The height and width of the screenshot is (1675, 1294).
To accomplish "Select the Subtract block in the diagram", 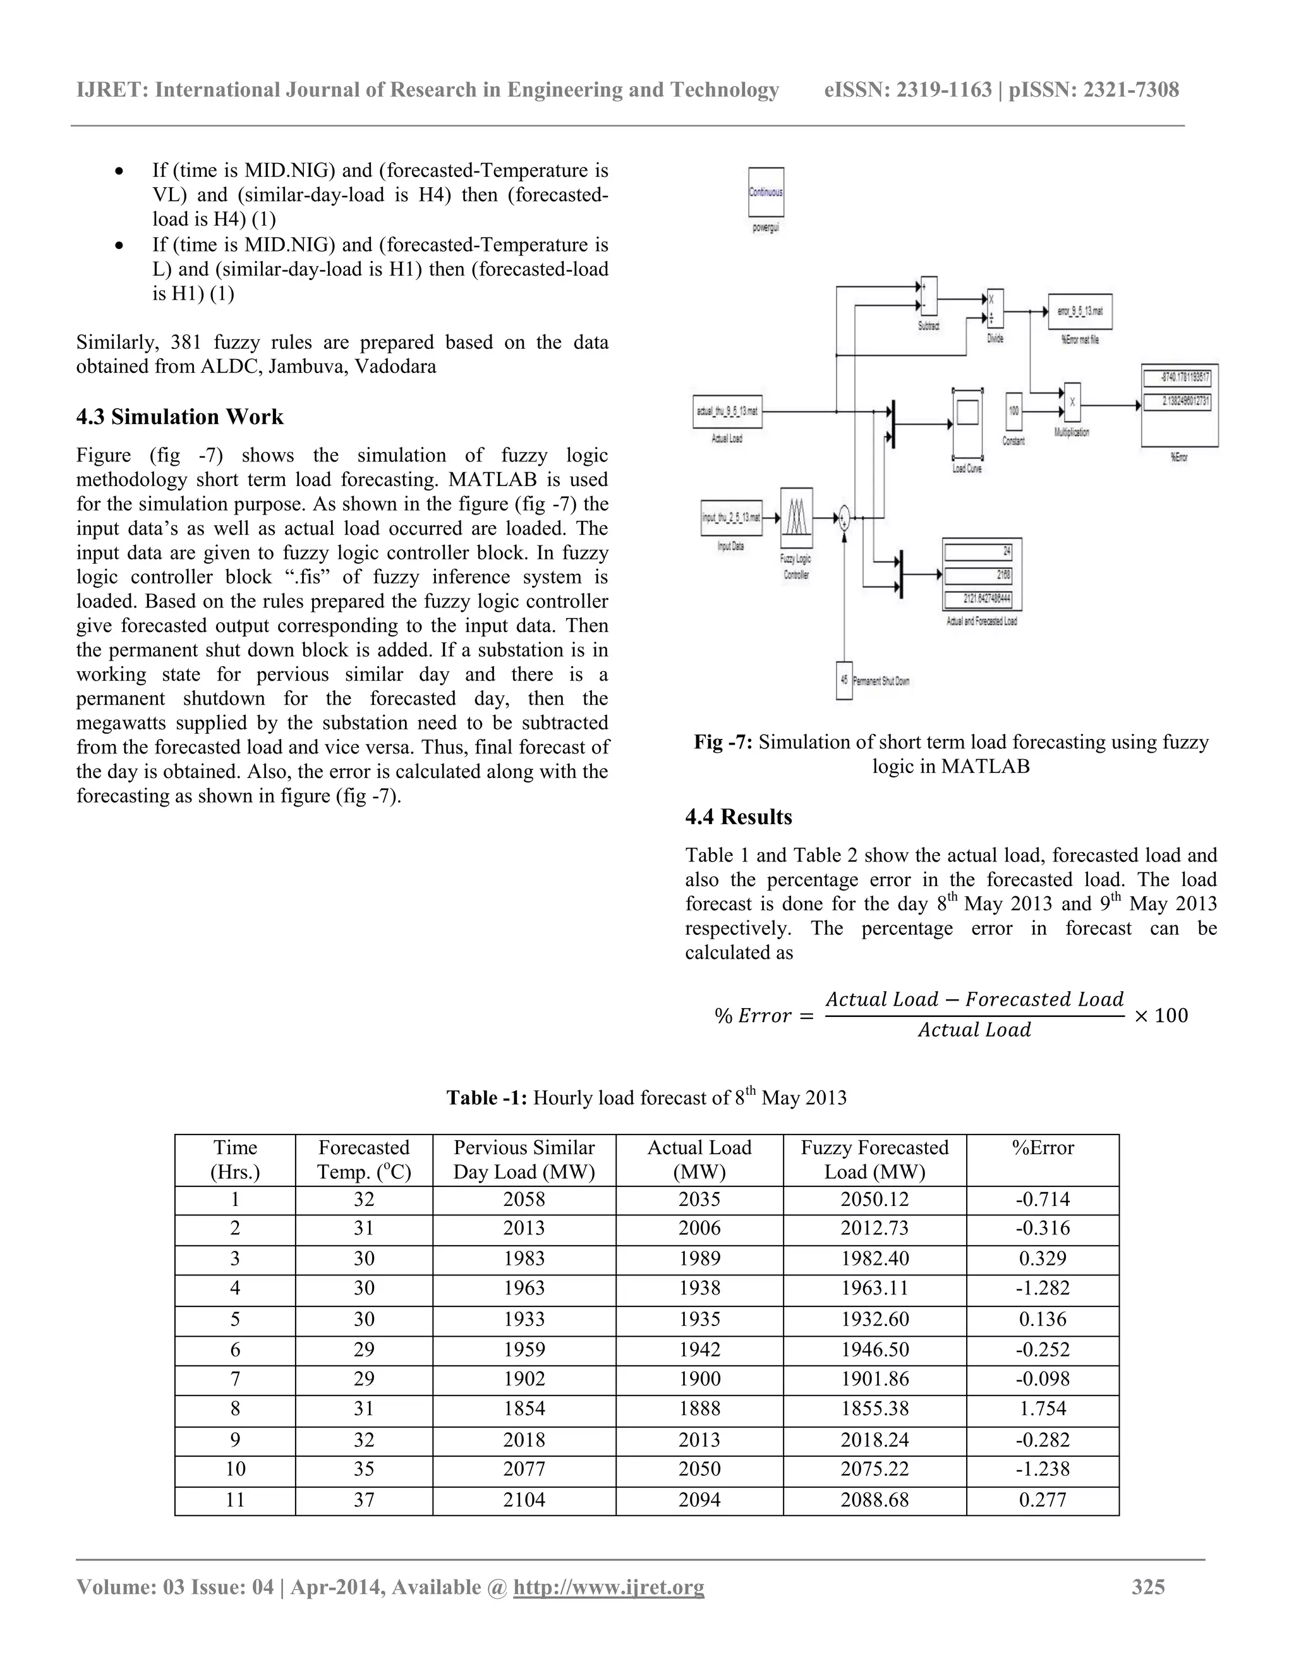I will coord(928,295).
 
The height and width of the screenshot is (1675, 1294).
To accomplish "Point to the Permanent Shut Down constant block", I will coord(844,680).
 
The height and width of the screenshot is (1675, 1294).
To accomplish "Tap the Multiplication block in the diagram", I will coord(1072,403).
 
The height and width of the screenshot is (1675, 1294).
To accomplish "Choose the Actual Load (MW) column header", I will coord(699,1160).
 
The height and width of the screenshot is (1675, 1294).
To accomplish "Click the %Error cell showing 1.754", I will coord(1043,1409).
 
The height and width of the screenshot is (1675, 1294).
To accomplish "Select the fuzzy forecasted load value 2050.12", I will coord(874,1200).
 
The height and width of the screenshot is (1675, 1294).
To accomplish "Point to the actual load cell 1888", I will coord(699,1409).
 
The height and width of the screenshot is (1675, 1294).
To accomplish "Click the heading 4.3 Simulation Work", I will coord(179,417).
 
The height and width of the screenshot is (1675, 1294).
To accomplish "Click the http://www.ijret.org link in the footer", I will coord(608,1587).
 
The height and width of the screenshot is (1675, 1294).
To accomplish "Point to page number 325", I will coord(1148,1587).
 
